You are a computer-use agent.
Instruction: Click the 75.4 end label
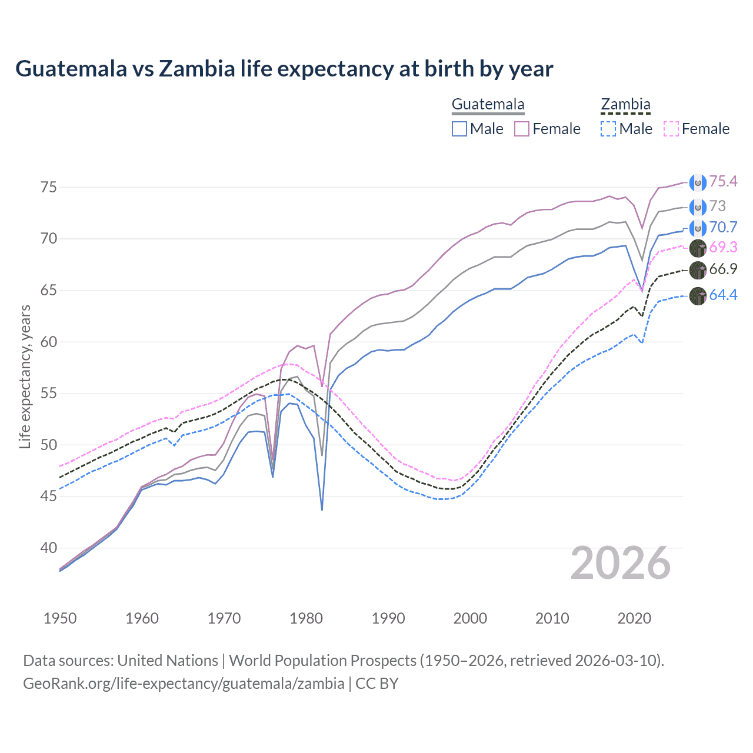point(723,182)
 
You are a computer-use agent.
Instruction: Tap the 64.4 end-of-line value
point(723,295)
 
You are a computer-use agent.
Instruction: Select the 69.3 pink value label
point(723,247)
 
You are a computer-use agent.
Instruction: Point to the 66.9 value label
point(723,269)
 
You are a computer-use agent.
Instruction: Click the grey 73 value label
point(718,206)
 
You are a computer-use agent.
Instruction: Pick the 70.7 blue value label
point(723,228)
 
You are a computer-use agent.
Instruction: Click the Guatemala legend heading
point(488,105)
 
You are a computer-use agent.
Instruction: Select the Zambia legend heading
point(625,105)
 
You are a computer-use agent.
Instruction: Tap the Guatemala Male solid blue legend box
point(459,129)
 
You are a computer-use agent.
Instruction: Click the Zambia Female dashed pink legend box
point(671,129)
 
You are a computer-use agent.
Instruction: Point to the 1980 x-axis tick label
point(306,618)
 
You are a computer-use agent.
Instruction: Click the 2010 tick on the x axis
point(552,618)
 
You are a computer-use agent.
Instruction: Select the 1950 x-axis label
point(60,618)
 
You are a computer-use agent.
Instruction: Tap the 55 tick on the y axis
point(49,394)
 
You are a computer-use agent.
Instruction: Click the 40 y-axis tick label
point(49,548)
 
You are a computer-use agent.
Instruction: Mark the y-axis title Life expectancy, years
point(25,376)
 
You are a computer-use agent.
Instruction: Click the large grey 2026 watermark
point(620,564)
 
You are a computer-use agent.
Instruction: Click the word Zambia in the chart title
point(197,69)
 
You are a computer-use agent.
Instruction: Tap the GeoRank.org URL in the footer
point(184,684)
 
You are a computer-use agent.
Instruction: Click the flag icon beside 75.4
point(698,182)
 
